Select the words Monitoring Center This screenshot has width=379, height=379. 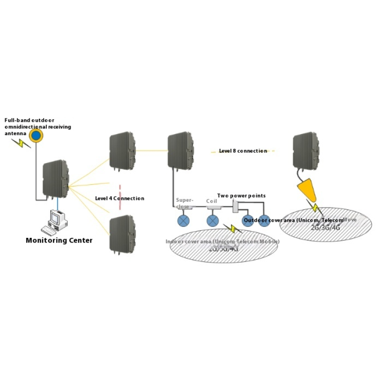click(59, 240)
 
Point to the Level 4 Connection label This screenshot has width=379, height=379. click(119, 199)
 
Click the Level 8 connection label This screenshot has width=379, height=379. click(243, 151)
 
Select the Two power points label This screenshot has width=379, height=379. click(241, 196)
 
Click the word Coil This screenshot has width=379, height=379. click(211, 201)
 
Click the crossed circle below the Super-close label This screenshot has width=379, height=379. click(183, 221)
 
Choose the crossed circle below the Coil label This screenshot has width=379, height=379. click(213, 221)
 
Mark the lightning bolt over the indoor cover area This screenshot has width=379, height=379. click(232, 229)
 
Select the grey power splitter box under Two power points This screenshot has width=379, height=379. click(236, 205)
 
